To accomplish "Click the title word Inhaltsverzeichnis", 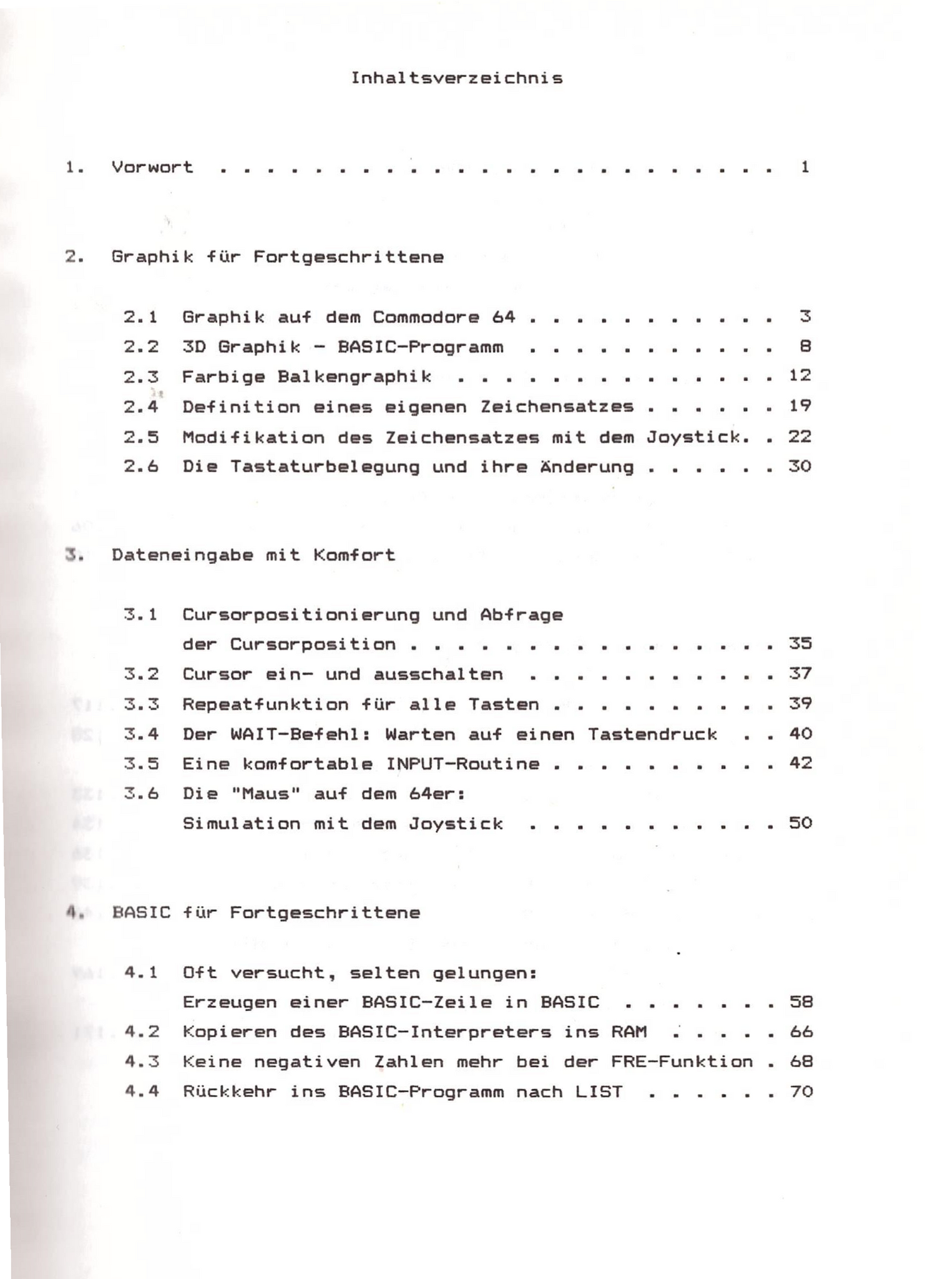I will pos(456,78).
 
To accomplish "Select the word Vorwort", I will pos(152,167).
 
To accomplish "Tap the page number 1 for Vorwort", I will pos(805,167).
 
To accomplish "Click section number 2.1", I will pos(140,317).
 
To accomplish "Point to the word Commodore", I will pos(426,317).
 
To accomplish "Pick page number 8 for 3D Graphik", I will pos(805,347).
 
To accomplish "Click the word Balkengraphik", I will pos(355,377).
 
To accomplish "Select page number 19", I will pos(800,407).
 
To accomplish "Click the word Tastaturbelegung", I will pos(325,467).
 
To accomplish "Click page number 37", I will pos(800,674).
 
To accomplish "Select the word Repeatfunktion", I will pos(265,704).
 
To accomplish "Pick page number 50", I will pos(800,823).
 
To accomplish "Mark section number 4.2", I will pos(142,1032).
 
